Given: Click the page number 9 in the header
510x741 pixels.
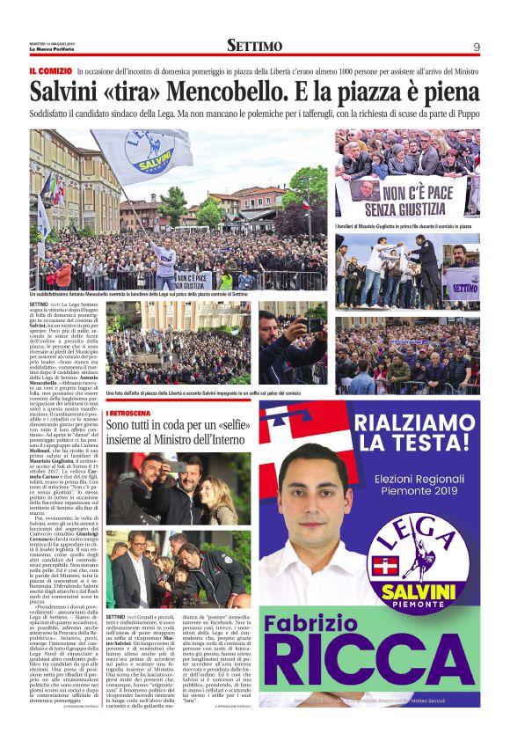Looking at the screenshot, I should pos(477,46).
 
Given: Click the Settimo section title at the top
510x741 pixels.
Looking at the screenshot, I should pos(254,46).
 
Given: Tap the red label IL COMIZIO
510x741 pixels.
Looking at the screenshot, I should pos(50,70).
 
